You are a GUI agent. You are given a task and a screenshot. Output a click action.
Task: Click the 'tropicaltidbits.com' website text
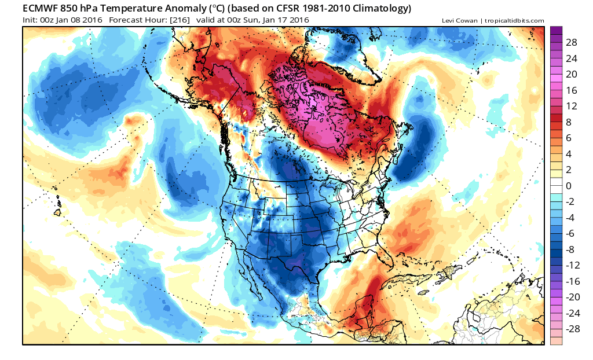(515, 21)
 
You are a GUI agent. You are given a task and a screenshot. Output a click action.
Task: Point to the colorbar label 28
(570, 43)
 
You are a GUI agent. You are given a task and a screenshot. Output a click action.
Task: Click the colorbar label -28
(570, 329)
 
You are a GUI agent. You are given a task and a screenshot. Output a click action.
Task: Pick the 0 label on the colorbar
(568, 186)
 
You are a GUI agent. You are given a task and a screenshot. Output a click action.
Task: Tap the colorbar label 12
(570, 106)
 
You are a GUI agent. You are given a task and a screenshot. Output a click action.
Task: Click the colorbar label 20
(570, 74)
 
